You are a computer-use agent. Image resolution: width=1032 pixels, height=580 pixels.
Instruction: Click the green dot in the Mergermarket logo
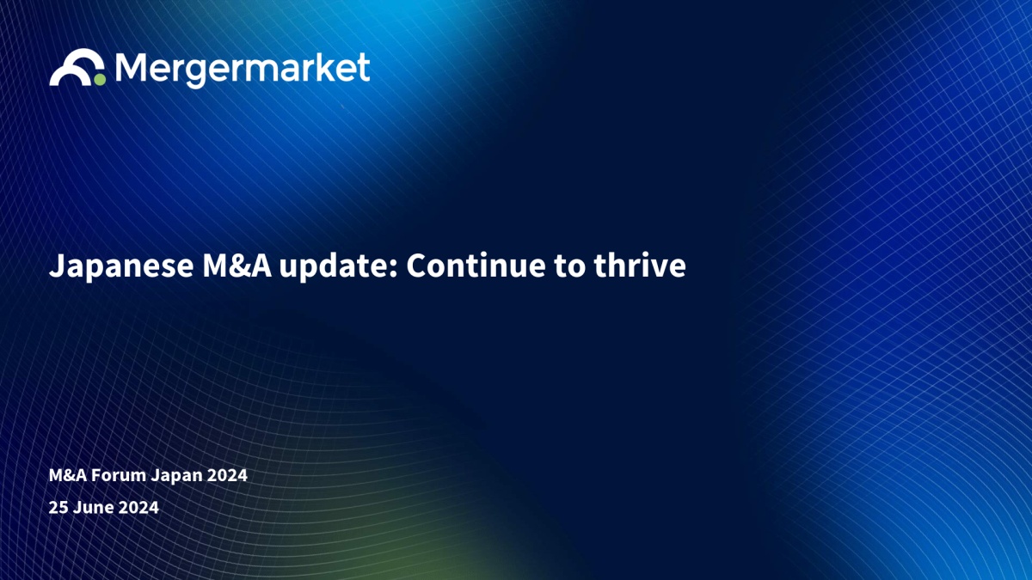100,80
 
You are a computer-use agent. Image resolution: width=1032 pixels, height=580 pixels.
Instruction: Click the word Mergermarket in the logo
243,70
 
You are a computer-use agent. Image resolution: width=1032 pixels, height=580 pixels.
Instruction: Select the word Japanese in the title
121,266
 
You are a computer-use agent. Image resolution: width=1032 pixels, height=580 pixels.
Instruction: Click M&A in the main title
237,266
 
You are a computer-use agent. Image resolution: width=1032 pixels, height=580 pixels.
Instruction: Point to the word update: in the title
339,266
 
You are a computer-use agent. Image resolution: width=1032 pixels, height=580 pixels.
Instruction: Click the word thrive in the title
640,266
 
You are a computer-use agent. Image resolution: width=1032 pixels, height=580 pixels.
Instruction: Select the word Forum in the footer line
119,475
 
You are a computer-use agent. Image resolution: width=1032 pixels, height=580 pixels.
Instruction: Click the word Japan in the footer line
177,476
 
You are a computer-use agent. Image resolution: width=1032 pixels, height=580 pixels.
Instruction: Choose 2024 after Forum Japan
227,475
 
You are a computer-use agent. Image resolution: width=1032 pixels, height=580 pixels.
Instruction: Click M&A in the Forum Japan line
68,475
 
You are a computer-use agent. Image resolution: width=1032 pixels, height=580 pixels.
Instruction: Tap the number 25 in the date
58,507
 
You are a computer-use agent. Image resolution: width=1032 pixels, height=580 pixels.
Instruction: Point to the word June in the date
94,507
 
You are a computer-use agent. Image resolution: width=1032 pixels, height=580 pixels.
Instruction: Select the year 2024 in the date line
138,507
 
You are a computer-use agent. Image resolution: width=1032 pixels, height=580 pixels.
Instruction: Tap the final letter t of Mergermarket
364,67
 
